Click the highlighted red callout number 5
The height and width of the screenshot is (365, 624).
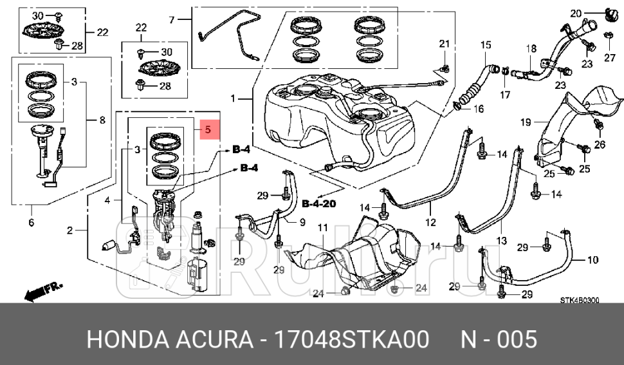tap(208, 130)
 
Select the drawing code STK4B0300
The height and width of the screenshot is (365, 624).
tap(579, 300)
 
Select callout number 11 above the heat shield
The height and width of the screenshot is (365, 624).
tap(322, 228)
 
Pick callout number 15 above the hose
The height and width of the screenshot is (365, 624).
tap(485, 44)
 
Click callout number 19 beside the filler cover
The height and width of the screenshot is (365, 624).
tap(524, 122)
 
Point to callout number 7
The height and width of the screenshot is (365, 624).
tap(172, 21)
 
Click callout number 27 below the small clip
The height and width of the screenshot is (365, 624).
tap(609, 58)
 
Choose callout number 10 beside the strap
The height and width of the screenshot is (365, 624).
tap(593, 260)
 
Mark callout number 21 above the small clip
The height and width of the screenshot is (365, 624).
tap(443, 44)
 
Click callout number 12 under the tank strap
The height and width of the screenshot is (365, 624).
tap(430, 223)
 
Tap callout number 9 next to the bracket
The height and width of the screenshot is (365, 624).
tap(301, 223)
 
